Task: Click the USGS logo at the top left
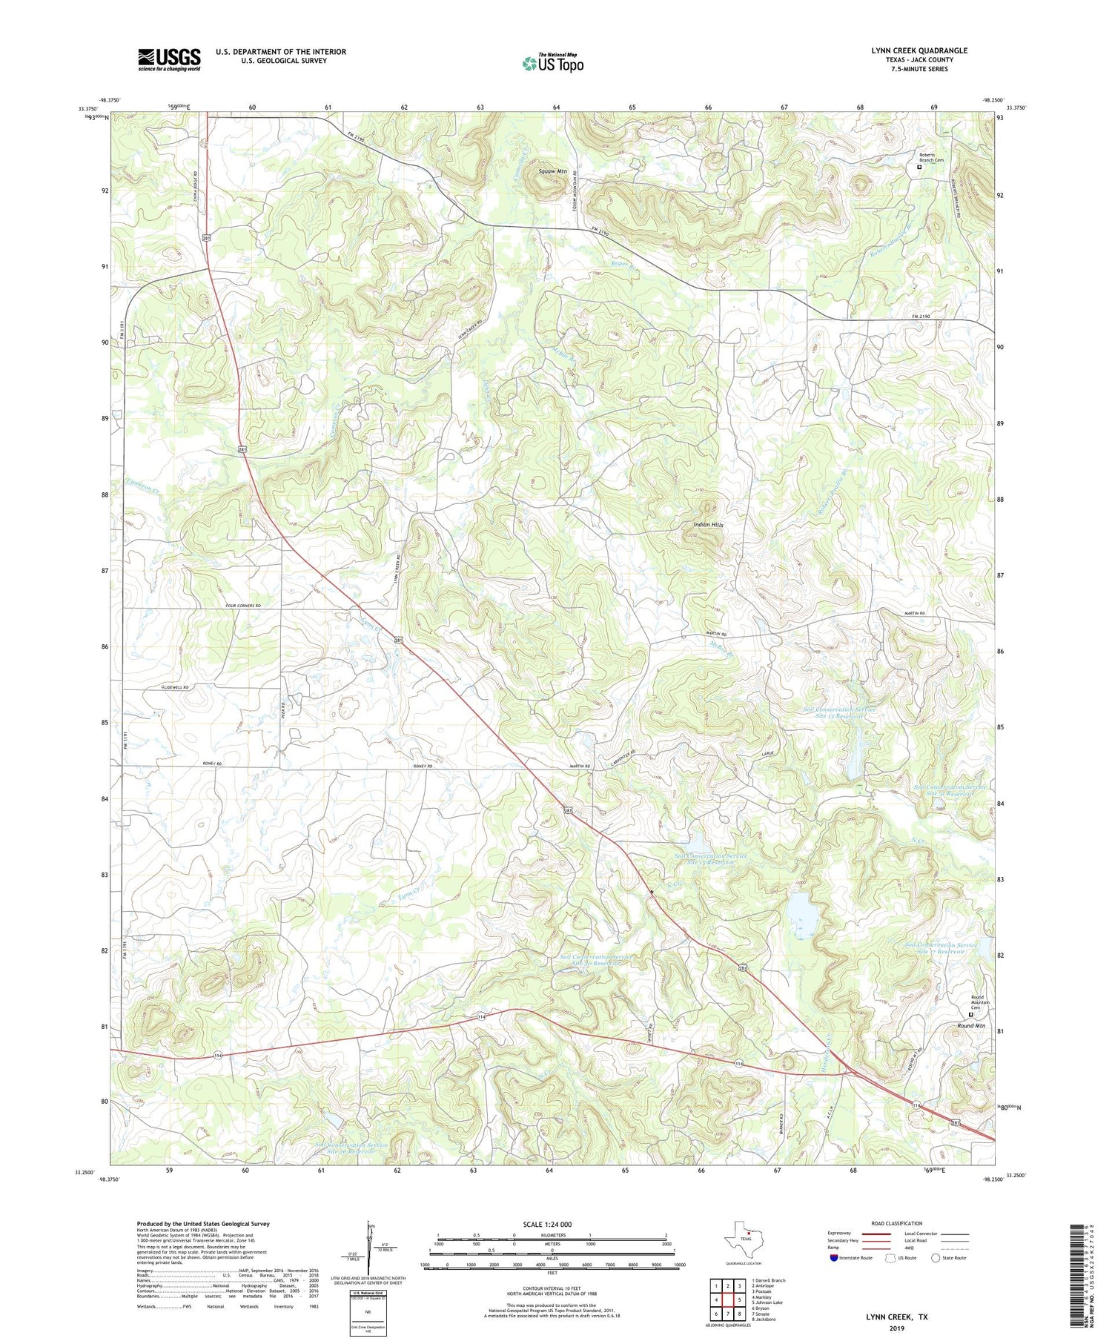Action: pos(169,59)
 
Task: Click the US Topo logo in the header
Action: pos(552,64)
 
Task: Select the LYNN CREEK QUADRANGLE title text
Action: pos(919,50)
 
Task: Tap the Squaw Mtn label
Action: pos(552,171)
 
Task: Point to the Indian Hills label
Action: pos(707,524)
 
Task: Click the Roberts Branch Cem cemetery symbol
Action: pos(919,168)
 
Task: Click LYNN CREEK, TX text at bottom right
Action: pos(897,1317)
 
